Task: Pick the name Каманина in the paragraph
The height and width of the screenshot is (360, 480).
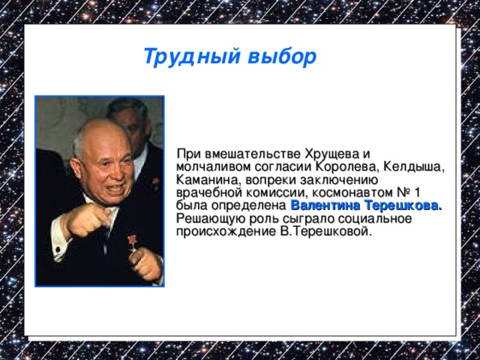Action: coord(202,180)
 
